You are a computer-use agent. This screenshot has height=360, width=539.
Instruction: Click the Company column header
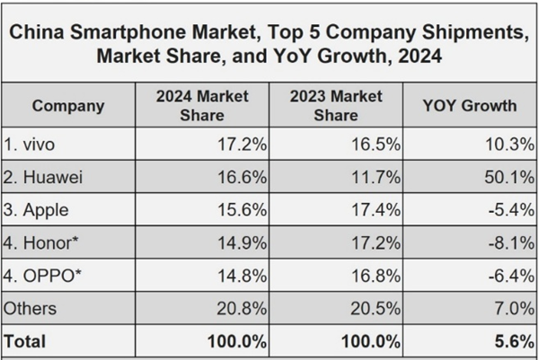click(x=68, y=106)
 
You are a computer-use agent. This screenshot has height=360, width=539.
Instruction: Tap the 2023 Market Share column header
click(x=335, y=105)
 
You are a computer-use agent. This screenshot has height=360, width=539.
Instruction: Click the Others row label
click(x=31, y=308)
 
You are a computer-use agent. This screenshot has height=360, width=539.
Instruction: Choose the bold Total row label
click(x=26, y=341)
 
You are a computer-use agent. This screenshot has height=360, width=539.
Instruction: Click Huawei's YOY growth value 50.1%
click(x=509, y=178)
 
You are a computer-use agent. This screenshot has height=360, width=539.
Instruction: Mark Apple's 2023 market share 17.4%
click(x=376, y=210)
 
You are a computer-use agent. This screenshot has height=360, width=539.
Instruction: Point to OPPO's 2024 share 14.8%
click(x=242, y=276)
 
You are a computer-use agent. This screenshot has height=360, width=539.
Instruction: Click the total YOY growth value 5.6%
click(x=514, y=341)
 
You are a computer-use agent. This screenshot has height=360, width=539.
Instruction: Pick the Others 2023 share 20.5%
click(x=376, y=308)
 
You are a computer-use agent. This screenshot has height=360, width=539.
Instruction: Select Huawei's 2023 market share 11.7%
click(x=376, y=178)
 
